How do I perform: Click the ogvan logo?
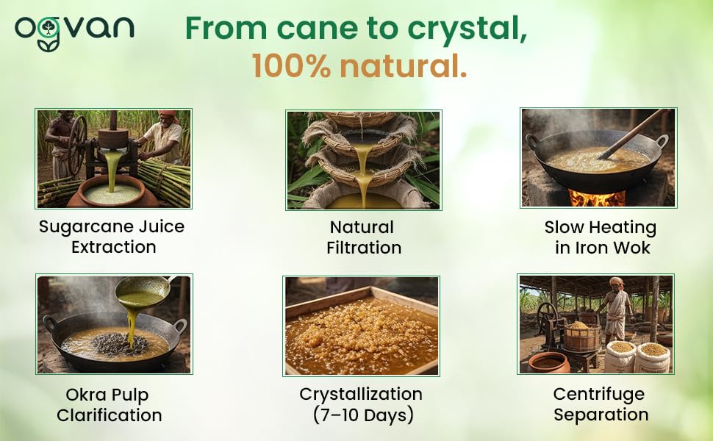[74, 32]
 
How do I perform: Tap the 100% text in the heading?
[292, 66]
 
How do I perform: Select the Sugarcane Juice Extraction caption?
[112, 237]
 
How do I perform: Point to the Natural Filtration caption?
[363, 237]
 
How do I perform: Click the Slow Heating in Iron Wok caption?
[601, 237]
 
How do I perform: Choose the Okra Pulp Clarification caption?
[109, 405]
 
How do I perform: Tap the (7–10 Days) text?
[363, 415]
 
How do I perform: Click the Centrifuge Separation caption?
[601, 404]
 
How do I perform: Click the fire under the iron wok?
[597, 198]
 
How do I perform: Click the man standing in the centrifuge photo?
[617, 312]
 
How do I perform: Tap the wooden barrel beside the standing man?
[581, 337]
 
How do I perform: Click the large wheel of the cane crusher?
[78, 145]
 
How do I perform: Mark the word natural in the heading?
[403, 66]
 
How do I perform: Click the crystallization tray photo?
[361, 326]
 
